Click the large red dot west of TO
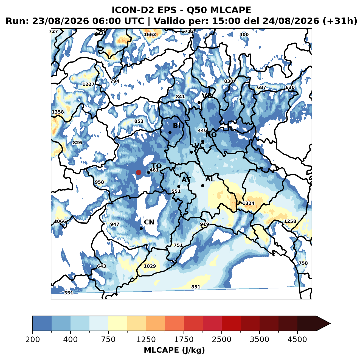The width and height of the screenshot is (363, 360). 139,172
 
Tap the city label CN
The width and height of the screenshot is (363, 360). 149,222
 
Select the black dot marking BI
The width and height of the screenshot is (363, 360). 170,132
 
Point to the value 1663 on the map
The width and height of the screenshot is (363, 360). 150,35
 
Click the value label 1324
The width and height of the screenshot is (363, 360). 248,203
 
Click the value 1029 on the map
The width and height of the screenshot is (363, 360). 150,266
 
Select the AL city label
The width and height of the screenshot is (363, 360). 210,179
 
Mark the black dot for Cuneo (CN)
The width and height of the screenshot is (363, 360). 141,229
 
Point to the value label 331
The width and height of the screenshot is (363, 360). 69,293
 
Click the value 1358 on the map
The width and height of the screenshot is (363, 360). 58,112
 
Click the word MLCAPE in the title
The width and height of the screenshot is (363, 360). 230,10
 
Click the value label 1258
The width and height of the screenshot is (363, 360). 290,221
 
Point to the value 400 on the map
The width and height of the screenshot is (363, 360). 244,35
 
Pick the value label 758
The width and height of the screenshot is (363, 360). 303,263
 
